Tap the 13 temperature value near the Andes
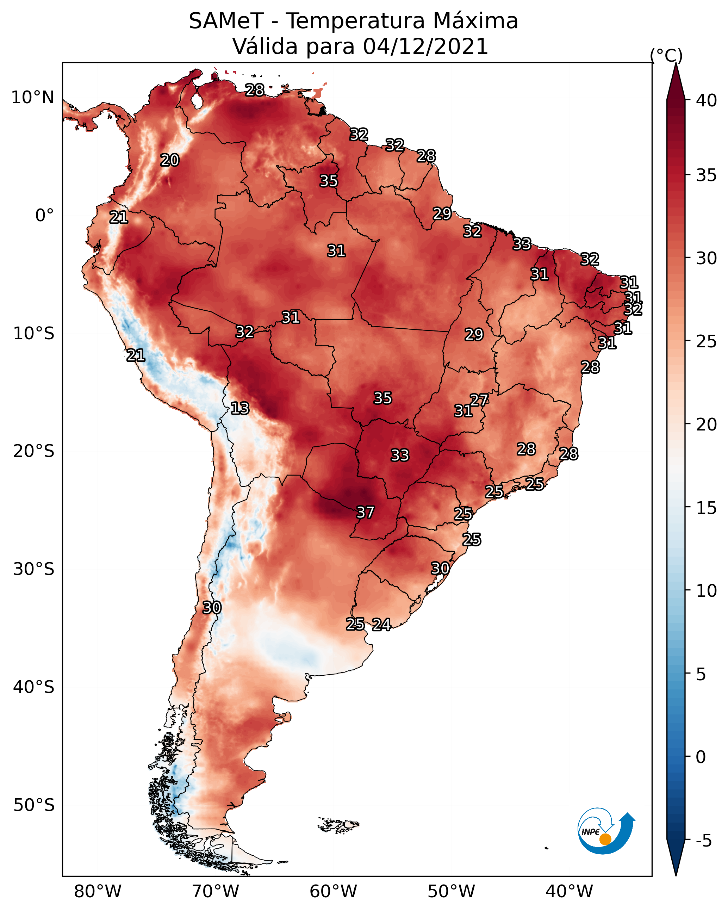240,408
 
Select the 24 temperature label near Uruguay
381,625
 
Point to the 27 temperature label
479,400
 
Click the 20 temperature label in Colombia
170,160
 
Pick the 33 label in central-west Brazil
400,455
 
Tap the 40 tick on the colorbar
707,100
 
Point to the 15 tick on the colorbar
707,508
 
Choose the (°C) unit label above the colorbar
666,55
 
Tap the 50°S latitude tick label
34,805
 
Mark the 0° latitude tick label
44,216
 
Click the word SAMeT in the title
226,21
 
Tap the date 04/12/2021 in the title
425,47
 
